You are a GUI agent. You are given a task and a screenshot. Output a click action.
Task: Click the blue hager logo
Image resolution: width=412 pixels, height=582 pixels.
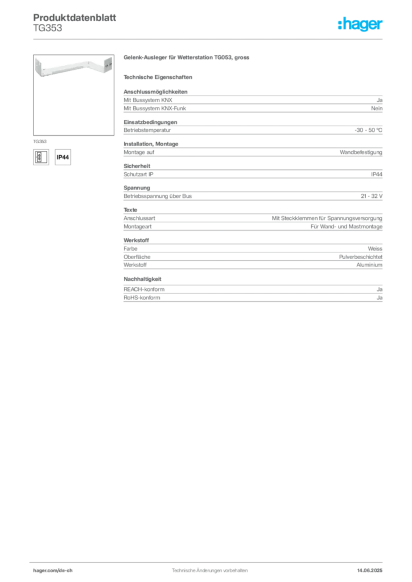[x=361, y=25]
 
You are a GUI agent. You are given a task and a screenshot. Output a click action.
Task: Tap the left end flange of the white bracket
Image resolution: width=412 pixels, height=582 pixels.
[x=39, y=66]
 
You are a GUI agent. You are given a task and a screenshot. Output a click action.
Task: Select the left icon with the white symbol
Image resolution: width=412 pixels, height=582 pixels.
[x=39, y=156]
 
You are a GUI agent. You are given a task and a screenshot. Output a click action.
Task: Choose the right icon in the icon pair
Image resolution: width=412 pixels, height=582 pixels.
[x=63, y=156]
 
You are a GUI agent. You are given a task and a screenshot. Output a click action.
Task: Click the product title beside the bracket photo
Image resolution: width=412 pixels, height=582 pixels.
[x=186, y=59]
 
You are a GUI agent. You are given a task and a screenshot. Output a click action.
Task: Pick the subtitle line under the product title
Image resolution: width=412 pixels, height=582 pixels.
[x=159, y=77]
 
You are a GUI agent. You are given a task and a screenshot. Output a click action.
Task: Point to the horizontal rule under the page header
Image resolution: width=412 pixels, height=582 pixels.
[x=209, y=39]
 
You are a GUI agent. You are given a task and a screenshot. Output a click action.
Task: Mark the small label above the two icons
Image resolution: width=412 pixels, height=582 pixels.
[x=40, y=140]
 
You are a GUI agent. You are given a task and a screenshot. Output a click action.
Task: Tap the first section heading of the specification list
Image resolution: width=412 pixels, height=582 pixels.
[x=151, y=121]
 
